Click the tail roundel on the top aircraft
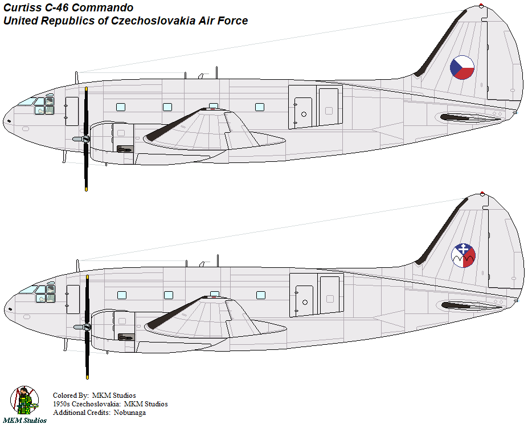462,68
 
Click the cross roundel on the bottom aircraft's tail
463,255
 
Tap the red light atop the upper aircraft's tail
481,6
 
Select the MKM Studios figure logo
24,400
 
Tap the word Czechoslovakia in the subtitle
153,21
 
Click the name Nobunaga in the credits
130,413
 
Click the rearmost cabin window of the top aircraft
260,107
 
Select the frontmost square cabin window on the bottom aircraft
121,295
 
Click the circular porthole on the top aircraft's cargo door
304,114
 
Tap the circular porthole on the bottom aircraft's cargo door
305,302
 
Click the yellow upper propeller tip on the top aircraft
86,89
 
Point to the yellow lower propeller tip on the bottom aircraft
88,377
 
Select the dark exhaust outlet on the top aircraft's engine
125,149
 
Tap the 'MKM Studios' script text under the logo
24,421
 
